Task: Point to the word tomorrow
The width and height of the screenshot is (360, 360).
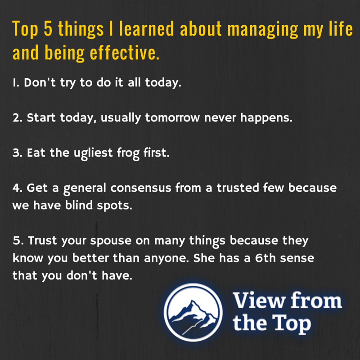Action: [173, 118]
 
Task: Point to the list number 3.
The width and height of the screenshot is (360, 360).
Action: [16, 153]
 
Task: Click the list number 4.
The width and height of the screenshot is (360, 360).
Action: [16, 188]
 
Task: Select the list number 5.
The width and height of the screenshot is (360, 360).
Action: [17, 241]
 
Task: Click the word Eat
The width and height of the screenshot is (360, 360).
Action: [36, 153]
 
